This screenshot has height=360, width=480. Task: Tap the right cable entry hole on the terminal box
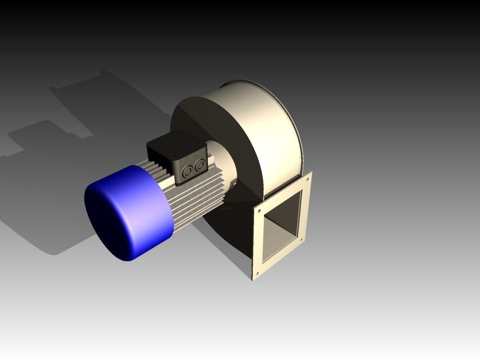coord(200,165)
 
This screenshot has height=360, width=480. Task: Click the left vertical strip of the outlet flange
coord(258,242)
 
